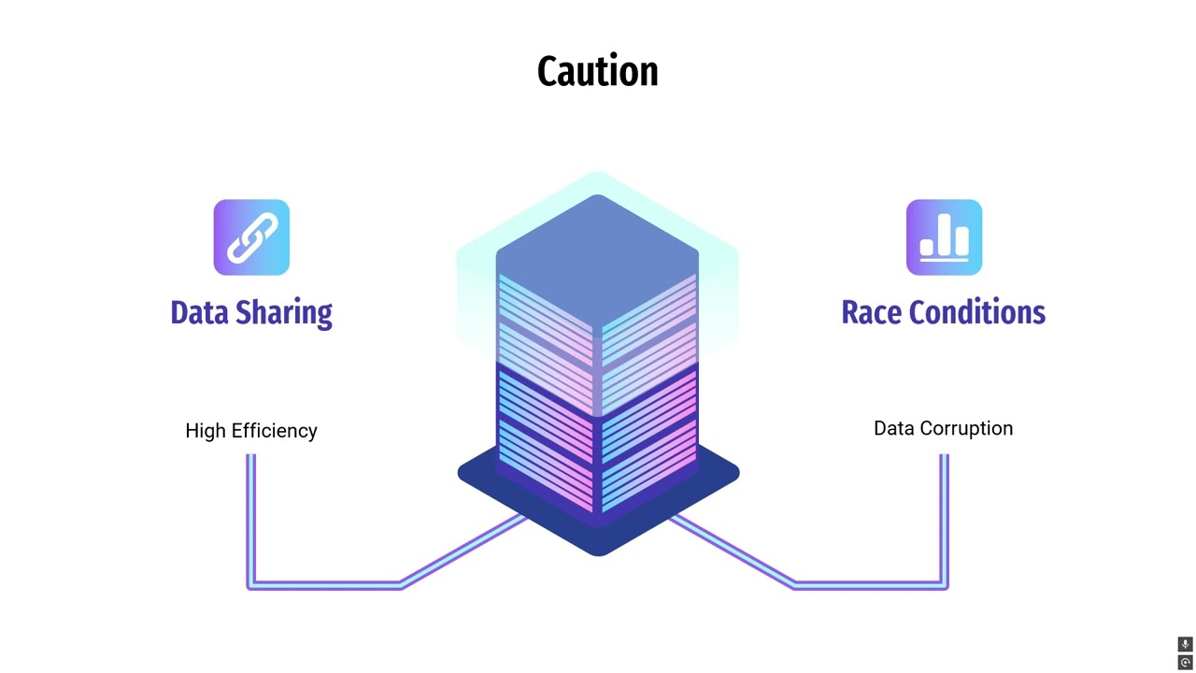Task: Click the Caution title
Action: [597, 72]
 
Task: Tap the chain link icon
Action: [251, 237]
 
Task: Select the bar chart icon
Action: [944, 237]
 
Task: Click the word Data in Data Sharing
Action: [200, 312]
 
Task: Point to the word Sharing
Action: [284, 313]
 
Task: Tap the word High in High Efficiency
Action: [206, 431]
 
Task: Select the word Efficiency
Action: [274, 431]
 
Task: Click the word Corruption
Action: [966, 428]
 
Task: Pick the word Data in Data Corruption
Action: [893, 428]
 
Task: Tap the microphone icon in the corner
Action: [1185, 644]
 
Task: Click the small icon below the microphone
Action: [1185, 662]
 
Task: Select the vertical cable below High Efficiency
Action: [250, 514]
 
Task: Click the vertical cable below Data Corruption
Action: [945, 514]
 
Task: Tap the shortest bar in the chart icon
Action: [926, 247]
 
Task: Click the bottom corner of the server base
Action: [598, 551]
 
